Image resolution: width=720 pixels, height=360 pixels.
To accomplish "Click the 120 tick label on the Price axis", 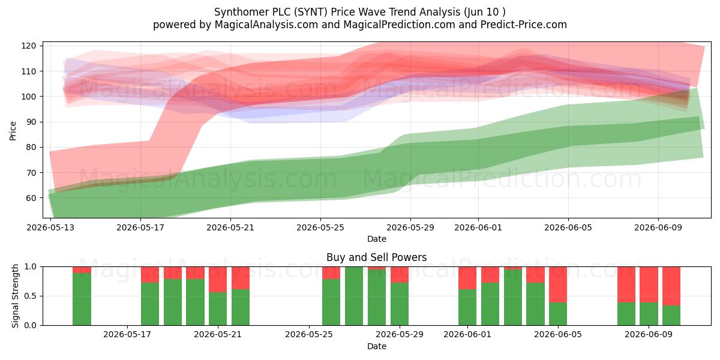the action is click(28, 46).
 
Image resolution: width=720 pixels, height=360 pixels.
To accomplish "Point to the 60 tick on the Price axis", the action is click(28, 198).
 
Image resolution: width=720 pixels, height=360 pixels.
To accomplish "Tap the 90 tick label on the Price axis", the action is click(28, 122).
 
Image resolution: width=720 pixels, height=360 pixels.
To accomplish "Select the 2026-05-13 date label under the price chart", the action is click(50, 227).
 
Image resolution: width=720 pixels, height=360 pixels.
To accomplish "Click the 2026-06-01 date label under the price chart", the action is click(478, 227).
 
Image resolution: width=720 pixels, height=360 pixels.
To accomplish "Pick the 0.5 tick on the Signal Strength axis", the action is click(31, 296).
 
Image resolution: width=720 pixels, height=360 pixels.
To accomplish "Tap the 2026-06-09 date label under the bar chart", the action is click(649, 334).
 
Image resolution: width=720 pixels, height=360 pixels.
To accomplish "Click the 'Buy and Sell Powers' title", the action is click(376, 257).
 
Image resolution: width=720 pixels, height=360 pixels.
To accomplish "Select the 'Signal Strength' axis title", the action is click(15, 296).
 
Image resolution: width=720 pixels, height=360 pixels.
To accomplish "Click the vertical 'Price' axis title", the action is click(13, 131).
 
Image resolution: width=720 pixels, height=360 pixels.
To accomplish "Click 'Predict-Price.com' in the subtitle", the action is click(524, 25).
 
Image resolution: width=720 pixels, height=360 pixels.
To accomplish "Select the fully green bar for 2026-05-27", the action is click(354, 296).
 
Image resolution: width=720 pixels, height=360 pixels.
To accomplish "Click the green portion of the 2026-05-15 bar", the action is click(82, 299).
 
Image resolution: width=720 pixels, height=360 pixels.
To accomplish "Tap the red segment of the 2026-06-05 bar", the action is click(558, 284).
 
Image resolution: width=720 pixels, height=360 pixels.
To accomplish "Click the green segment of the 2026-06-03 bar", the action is click(512, 298).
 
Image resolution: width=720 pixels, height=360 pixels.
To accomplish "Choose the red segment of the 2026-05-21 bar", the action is click(218, 280).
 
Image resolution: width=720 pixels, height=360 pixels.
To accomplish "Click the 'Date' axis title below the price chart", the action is click(377, 239).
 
